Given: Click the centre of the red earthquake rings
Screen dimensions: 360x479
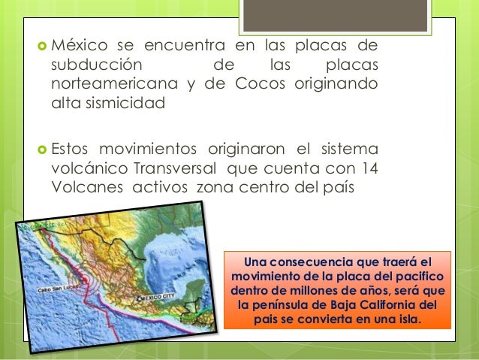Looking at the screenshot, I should click(x=87, y=279).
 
